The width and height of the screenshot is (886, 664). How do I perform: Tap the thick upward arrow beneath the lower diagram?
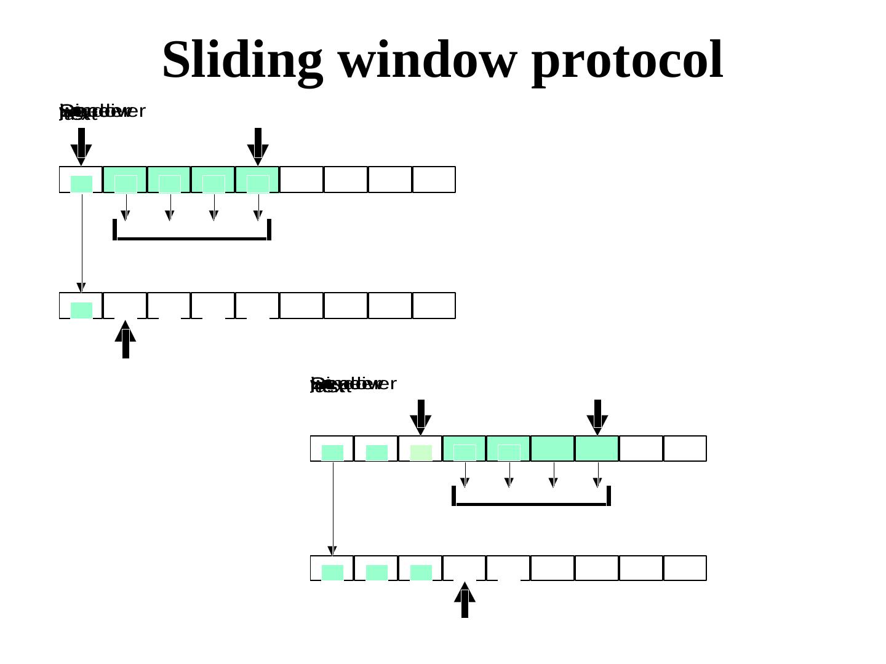coord(465,599)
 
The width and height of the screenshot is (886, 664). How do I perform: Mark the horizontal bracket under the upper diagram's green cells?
coord(192,237)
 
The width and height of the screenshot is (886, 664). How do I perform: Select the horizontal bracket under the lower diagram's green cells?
coord(532,504)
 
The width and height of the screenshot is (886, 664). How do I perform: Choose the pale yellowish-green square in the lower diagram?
coord(421,453)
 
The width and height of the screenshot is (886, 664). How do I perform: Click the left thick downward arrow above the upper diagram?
coord(81,146)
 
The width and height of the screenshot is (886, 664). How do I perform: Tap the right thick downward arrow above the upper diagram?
coord(258,146)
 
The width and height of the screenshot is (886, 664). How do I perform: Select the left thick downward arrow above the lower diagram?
coord(421,417)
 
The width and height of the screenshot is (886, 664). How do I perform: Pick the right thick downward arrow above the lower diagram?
coord(597,417)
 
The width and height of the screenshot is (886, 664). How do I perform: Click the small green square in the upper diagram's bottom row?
coord(81,310)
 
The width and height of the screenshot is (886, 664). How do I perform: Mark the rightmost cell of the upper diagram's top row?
coord(434,180)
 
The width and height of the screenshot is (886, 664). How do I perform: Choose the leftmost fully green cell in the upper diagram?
coord(125,180)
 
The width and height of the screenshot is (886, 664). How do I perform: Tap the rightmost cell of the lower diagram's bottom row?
coord(685,568)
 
